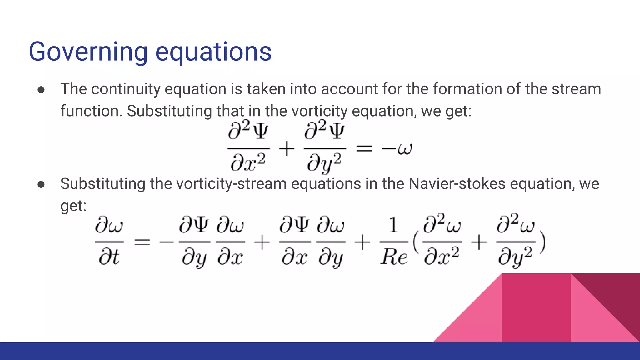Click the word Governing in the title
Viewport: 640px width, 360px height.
88,52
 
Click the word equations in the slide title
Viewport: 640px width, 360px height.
213,52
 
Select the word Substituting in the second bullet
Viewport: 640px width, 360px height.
102,184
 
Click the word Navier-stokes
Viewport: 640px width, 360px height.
457,184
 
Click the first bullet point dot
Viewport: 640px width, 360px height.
41,90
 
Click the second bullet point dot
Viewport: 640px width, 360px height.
41,185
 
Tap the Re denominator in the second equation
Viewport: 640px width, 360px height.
394,258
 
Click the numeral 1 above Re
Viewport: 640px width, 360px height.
393,226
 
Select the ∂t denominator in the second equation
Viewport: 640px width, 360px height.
109,258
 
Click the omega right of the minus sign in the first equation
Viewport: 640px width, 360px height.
405,149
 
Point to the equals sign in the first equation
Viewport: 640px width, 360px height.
364,148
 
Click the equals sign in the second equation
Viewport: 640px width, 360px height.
142,242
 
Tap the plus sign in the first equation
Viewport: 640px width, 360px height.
287,148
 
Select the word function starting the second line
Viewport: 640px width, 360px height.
91,111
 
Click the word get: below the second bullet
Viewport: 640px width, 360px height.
73,206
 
